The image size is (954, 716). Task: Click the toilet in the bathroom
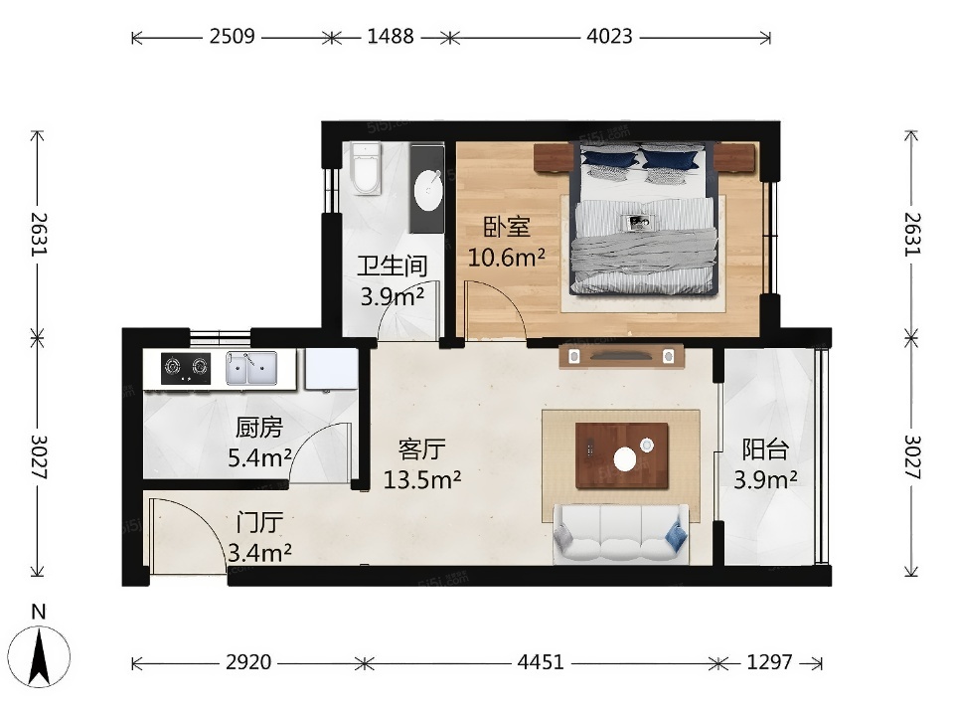click(366, 169)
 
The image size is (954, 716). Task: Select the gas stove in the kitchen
click(186, 368)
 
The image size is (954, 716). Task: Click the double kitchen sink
click(251, 368)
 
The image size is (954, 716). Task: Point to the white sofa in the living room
click(621, 533)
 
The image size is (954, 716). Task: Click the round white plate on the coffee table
click(625, 458)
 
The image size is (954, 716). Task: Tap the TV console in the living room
click(621, 356)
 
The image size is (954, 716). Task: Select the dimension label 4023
click(609, 37)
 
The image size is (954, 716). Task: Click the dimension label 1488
click(391, 37)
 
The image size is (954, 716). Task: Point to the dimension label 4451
click(541, 662)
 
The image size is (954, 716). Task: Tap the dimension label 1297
click(769, 662)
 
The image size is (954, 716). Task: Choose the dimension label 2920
click(248, 662)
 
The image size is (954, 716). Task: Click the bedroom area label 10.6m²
click(506, 258)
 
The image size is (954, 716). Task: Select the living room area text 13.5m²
click(421, 479)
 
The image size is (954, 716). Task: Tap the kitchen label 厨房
click(259, 428)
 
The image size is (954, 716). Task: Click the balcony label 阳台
click(765, 449)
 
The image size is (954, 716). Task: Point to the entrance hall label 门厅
click(259, 523)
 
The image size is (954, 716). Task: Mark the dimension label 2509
click(232, 37)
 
